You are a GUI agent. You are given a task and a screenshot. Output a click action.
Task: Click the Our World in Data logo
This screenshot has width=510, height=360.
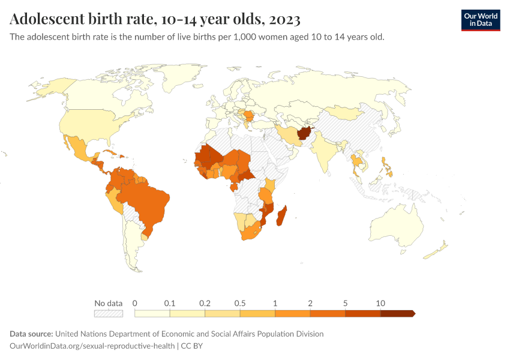click(x=480, y=20)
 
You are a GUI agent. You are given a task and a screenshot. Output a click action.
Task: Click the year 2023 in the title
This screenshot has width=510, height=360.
click(x=285, y=19)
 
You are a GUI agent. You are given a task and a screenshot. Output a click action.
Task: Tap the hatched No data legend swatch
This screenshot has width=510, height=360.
click(x=109, y=313)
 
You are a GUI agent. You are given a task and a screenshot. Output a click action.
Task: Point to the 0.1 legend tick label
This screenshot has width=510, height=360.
click(x=170, y=303)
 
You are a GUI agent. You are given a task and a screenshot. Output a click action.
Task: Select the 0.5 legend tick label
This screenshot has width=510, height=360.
click(x=240, y=303)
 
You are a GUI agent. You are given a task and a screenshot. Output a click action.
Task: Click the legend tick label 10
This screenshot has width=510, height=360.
click(x=380, y=303)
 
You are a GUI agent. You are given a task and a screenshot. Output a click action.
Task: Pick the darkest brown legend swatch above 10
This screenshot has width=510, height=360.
click(x=397, y=313)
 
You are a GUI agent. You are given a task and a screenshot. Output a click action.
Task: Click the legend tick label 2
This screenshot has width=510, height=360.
click(x=310, y=303)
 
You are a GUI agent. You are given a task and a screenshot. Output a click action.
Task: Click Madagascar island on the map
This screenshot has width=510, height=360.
click(x=281, y=215)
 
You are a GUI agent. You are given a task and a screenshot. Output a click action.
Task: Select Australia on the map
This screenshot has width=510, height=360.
click(x=398, y=226)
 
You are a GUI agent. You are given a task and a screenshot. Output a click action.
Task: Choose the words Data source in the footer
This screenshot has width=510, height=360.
click(x=32, y=334)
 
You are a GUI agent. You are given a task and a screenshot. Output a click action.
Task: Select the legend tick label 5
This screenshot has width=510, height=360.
click(x=346, y=303)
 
